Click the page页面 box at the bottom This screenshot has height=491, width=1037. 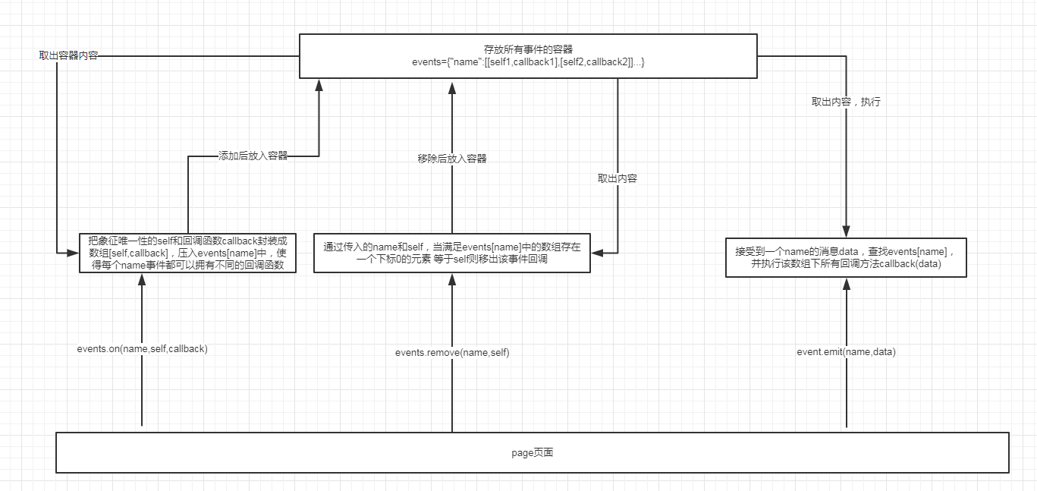532,452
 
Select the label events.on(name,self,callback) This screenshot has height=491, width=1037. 142,349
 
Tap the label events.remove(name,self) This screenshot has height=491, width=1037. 452,353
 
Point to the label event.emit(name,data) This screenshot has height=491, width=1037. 846,352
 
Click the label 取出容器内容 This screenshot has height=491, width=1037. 68,56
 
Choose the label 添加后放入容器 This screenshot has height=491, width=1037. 253,156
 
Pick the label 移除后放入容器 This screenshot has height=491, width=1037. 452,159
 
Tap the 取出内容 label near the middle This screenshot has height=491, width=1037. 617,178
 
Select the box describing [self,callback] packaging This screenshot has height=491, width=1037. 187,252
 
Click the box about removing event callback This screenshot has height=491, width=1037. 451,252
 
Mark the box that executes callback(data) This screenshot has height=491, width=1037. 846,257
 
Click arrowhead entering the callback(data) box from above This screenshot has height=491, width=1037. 846,231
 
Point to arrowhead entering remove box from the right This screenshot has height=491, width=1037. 596,252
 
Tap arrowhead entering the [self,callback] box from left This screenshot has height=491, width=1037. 73,251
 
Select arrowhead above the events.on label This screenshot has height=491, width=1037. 142,279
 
